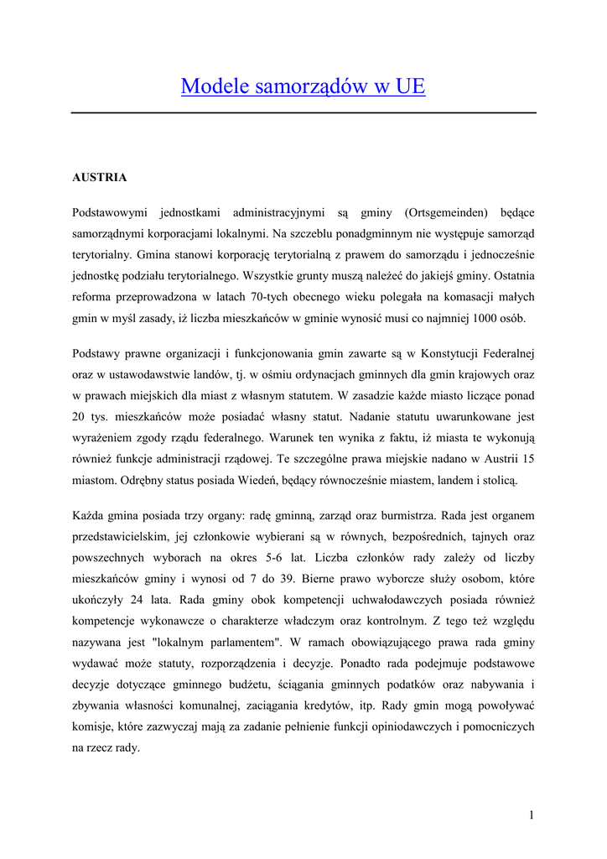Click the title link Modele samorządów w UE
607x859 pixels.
pos(303,86)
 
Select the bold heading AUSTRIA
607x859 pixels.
pos(100,178)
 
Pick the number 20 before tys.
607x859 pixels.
pos(80,416)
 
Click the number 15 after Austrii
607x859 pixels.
pos(528,459)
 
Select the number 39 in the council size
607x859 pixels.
pos(288,578)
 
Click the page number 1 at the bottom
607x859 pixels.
pos(532,815)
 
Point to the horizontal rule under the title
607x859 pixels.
pos(303,112)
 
